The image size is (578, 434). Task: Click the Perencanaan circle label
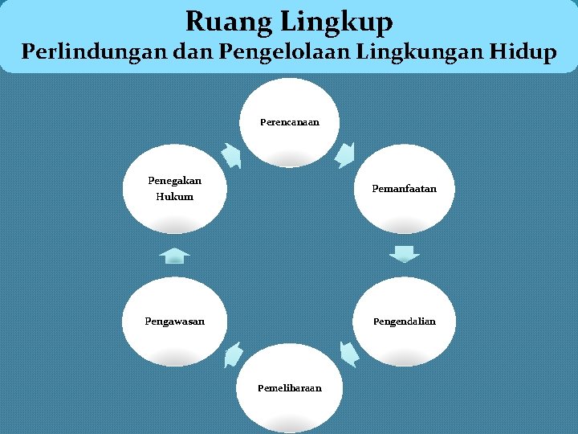point(289,122)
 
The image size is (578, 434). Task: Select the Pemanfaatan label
point(404,189)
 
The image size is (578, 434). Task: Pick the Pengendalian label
point(404,321)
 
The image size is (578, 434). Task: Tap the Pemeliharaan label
point(289,388)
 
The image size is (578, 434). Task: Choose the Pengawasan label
point(174,321)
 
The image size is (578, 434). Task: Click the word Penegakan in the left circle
point(174,180)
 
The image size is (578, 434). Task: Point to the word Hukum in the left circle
point(174,196)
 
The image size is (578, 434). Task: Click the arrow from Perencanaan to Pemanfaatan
point(347,154)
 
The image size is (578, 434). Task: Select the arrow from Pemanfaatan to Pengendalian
point(404,254)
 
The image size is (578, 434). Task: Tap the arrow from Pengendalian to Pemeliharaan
point(348,354)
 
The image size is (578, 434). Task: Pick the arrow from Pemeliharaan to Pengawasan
point(232,354)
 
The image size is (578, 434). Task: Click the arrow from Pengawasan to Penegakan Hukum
point(174,256)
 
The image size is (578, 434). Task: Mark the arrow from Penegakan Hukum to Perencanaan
point(230,155)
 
